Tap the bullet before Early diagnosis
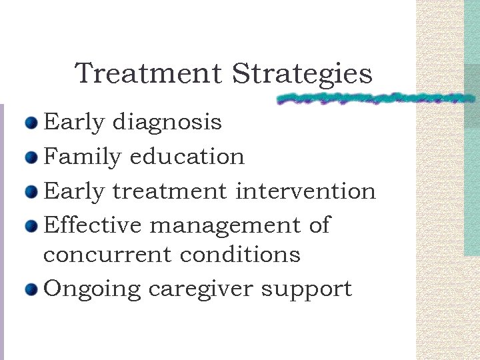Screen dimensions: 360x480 (x=31, y=123)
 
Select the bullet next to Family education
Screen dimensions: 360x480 (x=31, y=157)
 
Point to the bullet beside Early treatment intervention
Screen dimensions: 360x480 (x=31, y=192)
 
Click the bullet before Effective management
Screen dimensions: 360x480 (x=31, y=227)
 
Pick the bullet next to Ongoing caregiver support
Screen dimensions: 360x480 (x=31, y=290)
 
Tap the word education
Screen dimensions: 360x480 (x=187, y=157)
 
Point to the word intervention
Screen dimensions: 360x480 (x=306, y=191)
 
